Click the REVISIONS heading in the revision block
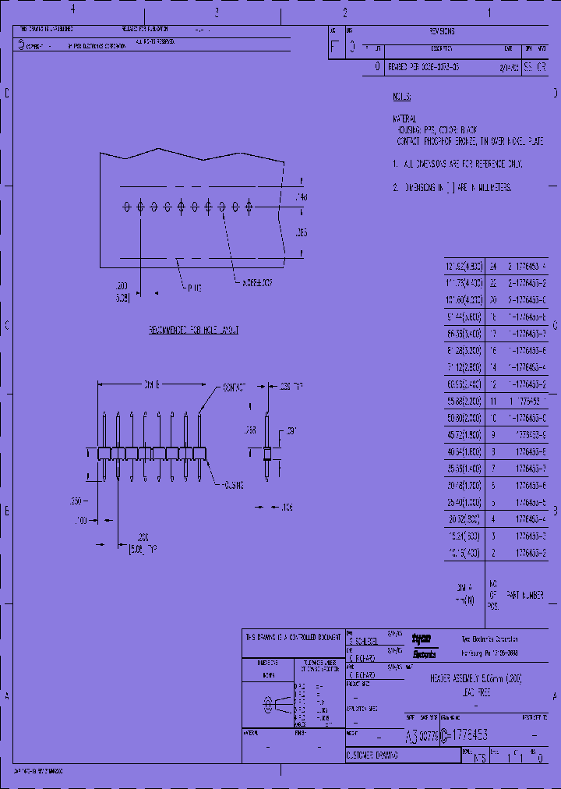coord(442,32)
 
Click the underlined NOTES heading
coord(401,97)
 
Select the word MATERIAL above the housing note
coord(405,119)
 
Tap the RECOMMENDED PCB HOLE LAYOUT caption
coord(194,330)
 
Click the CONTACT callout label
coord(235,387)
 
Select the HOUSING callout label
coord(231,485)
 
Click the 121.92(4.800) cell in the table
coord(464,267)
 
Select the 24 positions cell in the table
coord(493,267)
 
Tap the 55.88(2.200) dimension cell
coord(464,402)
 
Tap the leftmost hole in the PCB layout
coord(127,207)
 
